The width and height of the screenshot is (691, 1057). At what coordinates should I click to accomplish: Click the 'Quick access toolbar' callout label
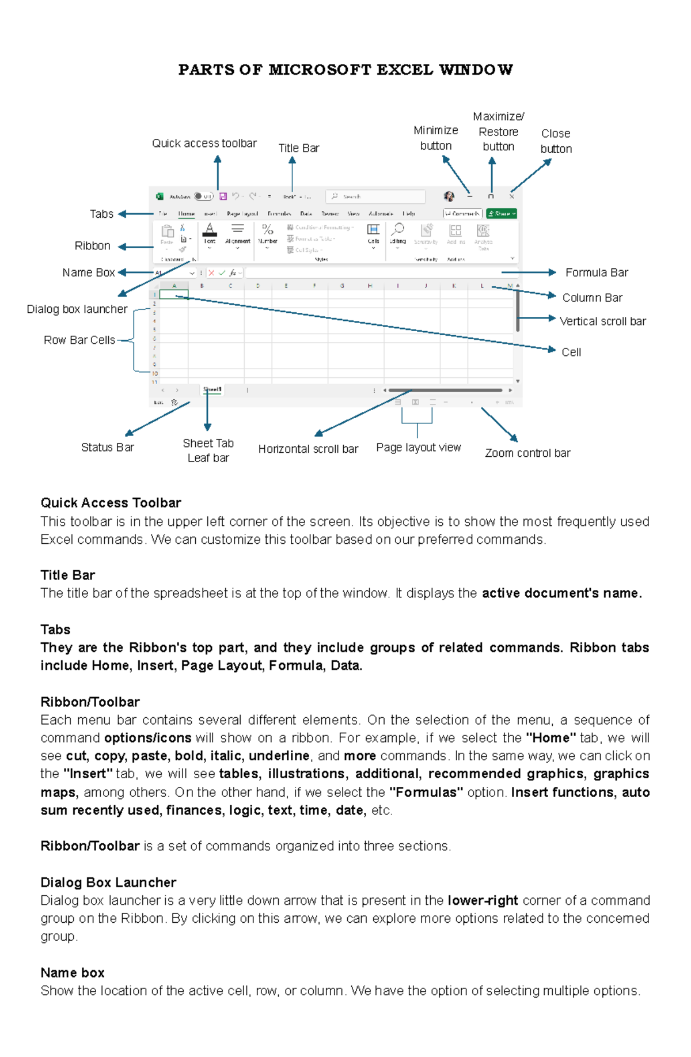point(204,143)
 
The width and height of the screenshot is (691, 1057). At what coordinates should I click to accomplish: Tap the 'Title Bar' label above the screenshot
point(298,148)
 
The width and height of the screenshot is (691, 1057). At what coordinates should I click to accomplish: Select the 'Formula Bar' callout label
point(596,272)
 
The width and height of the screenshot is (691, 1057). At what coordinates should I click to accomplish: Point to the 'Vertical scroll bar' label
point(602,321)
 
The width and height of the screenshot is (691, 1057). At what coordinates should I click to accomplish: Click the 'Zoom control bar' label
point(527,453)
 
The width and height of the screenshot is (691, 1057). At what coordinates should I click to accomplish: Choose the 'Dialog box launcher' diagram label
point(77,309)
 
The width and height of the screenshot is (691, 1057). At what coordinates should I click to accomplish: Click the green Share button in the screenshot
point(502,214)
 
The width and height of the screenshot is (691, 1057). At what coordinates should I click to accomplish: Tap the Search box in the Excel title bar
point(375,196)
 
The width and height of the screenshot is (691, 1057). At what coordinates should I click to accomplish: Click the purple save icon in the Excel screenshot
point(223,196)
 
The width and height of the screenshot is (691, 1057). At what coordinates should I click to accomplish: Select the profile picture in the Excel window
point(449,196)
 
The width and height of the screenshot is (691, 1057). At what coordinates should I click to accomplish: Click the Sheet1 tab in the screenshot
point(212,390)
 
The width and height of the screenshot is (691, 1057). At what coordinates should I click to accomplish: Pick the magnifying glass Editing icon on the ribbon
point(398,229)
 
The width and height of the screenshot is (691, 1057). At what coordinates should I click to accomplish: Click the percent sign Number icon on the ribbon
point(267,229)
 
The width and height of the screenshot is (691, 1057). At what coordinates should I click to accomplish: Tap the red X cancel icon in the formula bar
point(211,273)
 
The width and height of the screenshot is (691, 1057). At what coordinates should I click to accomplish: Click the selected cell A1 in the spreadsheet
point(174,294)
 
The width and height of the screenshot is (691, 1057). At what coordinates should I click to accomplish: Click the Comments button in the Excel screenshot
point(462,214)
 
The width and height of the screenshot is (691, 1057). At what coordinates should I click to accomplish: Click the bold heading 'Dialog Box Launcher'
point(108,882)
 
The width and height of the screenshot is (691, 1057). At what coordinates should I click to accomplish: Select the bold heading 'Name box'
point(73,973)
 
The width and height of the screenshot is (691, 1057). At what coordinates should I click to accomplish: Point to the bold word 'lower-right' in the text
point(483,900)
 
